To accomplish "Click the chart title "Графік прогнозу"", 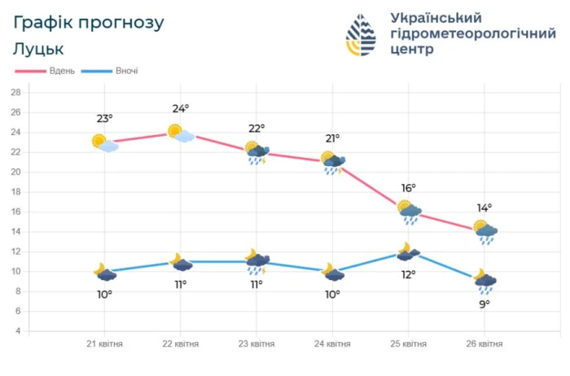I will tap(88, 22).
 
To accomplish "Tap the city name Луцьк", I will tap(38, 49).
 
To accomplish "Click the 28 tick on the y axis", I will tap(15, 92).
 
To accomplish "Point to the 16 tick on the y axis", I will tap(15, 212).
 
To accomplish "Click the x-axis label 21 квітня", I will tap(104, 343).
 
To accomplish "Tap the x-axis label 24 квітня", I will tap(332, 343).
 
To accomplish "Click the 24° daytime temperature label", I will tap(181, 107).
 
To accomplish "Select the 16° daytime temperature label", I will tap(408, 188).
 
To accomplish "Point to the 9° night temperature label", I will tap(484, 304).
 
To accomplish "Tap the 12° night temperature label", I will tap(408, 273).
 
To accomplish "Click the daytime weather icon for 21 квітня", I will tap(104, 143).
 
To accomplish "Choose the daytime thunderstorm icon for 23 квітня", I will tap(257, 153).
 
